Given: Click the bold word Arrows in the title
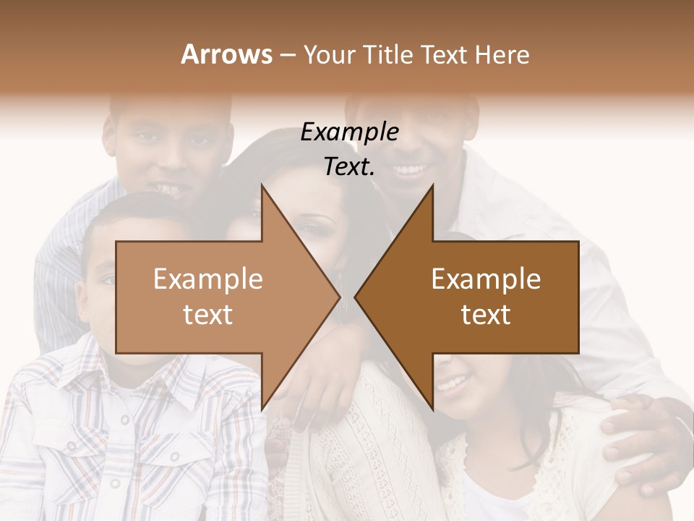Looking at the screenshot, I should click(227, 54).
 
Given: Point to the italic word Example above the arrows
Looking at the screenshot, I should click(349, 132).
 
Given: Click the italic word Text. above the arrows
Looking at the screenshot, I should click(349, 166).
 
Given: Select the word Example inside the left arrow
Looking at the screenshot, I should click(208, 279).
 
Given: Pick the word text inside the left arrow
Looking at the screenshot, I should click(208, 314).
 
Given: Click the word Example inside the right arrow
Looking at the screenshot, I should click(486, 279).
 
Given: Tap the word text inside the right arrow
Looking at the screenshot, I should click(486, 314).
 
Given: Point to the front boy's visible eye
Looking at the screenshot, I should click(106, 279).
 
